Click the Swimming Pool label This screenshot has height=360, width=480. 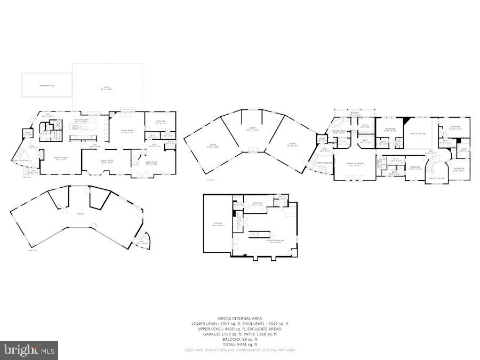(x=47, y=85)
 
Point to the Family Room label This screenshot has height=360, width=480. (x=127, y=131)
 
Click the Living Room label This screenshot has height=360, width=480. (x=151, y=163)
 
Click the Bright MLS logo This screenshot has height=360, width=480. (x=30, y=350)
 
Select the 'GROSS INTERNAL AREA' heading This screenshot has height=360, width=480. (x=240, y=318)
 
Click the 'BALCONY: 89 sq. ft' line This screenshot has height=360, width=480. (x=240, y=339)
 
